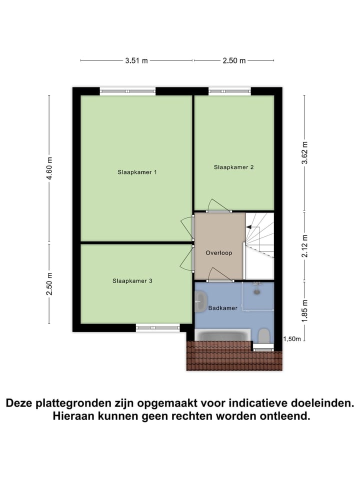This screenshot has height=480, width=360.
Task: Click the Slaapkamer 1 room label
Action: [x=137, y=172]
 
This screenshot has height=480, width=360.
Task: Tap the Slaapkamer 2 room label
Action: [x=233, y=167]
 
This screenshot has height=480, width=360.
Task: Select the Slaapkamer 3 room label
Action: [x=132, y=281]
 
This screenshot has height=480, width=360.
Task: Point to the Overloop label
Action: [x=219, y=253]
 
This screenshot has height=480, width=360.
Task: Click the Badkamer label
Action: [x=223, y=308]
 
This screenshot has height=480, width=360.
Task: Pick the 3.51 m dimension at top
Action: [x=136, y=61]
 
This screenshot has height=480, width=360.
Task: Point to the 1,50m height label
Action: [x=292, y=339]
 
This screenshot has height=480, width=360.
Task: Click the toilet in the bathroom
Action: [x=264, y=336]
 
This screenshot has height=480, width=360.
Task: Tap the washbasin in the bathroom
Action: [x=201, y=300]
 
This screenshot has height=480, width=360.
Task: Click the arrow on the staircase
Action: [x=249, y=226]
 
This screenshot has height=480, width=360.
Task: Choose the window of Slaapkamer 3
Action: [x=157, y=328]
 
